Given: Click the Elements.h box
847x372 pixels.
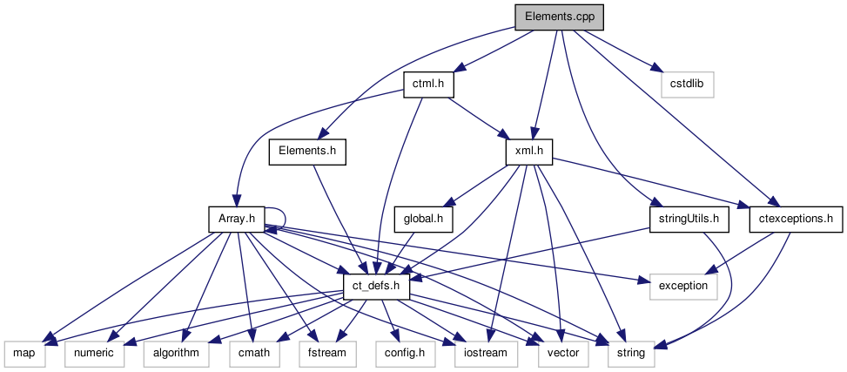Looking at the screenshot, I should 307,151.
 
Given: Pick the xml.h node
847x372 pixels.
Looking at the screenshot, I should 529,151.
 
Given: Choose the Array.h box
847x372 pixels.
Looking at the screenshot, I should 236,219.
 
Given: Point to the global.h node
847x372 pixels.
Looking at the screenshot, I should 424,219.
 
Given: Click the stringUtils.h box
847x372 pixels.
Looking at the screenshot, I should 689,219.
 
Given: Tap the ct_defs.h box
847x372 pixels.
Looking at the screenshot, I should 377,286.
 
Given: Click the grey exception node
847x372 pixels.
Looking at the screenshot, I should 684,286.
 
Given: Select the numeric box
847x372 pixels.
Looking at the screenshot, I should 94,353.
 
